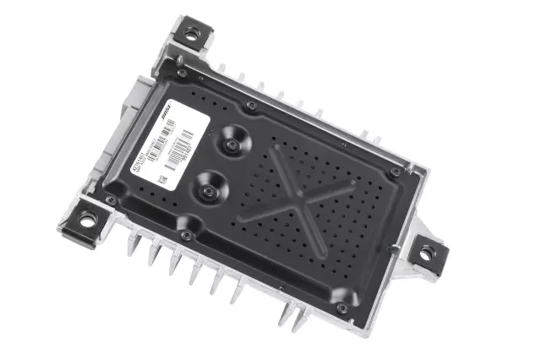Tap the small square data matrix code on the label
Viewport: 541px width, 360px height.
click(x=158, y=179)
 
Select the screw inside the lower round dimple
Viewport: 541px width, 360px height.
click(x=205, y=191)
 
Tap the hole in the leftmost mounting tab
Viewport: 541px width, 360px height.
click(x=86, y=219)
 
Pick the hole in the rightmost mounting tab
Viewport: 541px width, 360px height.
click(x=425, y=251)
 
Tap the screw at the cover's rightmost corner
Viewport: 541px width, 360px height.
click(x=396, y=172)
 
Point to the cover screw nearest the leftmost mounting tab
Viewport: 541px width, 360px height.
click(x=111, y=200)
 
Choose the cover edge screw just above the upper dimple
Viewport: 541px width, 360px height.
click(x=252, y=105)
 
